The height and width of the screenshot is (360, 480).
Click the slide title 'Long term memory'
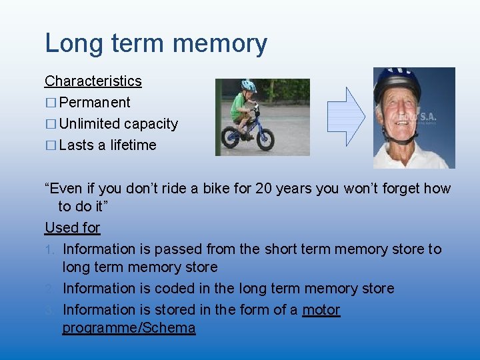pyautogui.click(x=156, y=44)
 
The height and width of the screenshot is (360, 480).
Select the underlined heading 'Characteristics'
pyautogui.click(x=93, y=81)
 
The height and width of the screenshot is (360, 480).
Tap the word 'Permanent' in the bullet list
pyautogui.click(x=95, y=103)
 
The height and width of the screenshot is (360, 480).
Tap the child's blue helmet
pyautogui.click(x=249, y=86)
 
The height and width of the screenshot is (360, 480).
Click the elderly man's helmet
pyautogui.click(x=397, y=83)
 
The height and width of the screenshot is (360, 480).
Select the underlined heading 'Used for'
pyautogui.click(x=72, y=228)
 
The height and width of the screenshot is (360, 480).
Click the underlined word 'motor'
pyautogui.click(x=321, y=310)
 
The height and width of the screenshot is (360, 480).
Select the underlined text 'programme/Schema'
pyautogui.click(x=129, y=328)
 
